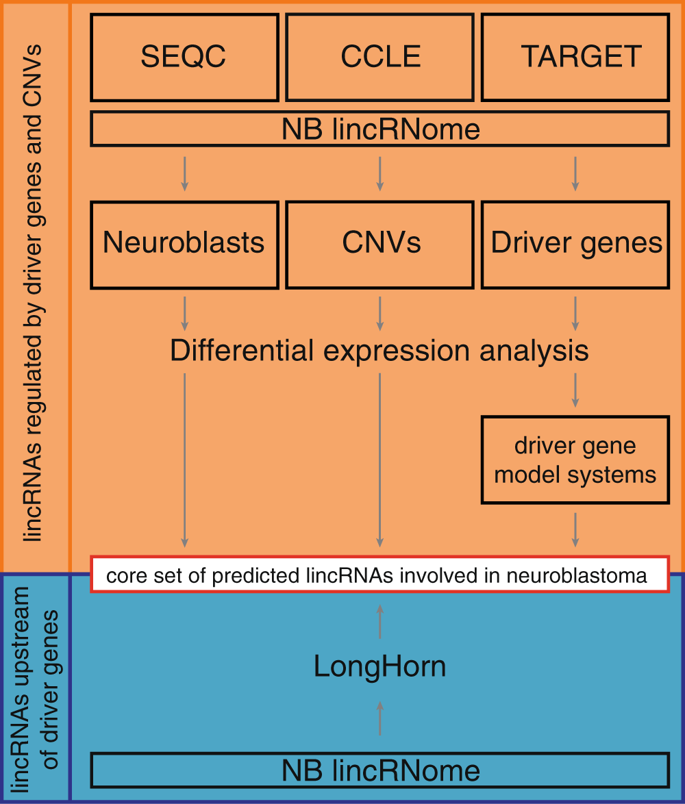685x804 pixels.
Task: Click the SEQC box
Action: pos(184,58)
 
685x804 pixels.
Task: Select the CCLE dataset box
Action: pos(380,58)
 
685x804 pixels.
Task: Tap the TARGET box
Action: pos(575,58)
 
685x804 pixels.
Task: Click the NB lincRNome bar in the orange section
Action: pos(380,129)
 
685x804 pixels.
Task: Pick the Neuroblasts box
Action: pos(184,244)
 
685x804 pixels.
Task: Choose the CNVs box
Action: pos(380,244)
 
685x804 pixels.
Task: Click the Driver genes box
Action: pos(575,244)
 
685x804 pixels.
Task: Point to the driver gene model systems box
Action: pos(575,460)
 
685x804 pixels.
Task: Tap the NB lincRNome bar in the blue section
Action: pos(380,770)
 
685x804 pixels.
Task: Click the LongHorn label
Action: pos(380,666)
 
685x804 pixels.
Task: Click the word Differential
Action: pos(237,351)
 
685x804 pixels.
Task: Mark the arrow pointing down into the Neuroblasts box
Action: pos(184,174)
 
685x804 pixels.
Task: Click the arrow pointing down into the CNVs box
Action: pos(380,174)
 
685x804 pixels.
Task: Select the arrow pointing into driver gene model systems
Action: pos(575,390)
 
